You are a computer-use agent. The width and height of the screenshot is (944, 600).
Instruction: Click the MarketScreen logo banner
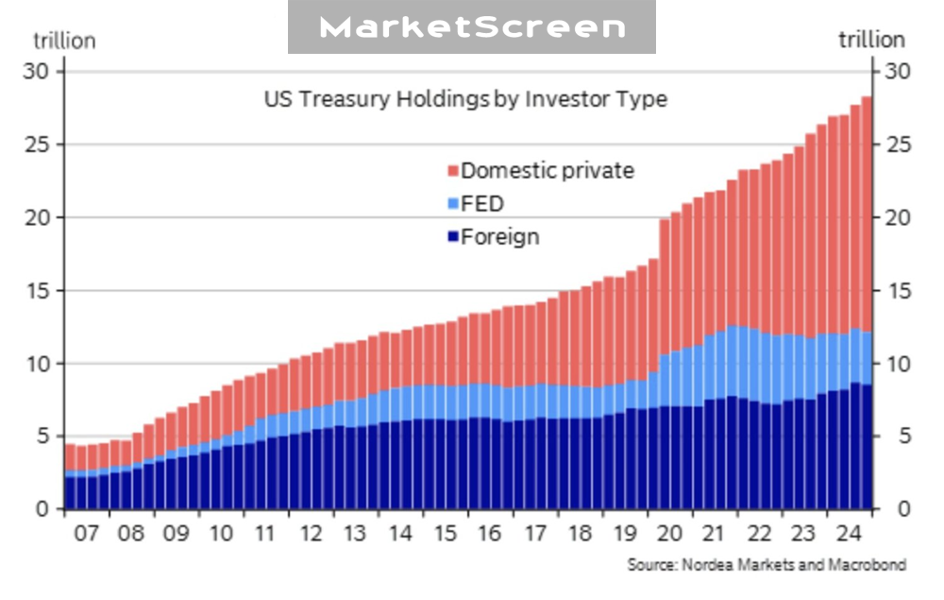click(x=471, y=26)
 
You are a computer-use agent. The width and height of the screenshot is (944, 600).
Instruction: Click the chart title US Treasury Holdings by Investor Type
click(x=464, y=99)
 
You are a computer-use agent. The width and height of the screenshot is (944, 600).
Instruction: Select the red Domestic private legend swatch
click(x=453, y=172)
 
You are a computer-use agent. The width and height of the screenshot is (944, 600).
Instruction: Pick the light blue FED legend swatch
click(x=453, y=204)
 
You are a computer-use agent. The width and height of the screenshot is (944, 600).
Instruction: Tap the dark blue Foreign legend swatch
click(x=453, y=237)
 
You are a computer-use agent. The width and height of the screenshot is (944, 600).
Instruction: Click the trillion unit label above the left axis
click(x=64, y=41)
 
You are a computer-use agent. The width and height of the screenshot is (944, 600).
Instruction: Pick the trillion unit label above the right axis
click(x=871, y=40)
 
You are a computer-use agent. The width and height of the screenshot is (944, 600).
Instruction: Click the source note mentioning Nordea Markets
click(x=767, y=565)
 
